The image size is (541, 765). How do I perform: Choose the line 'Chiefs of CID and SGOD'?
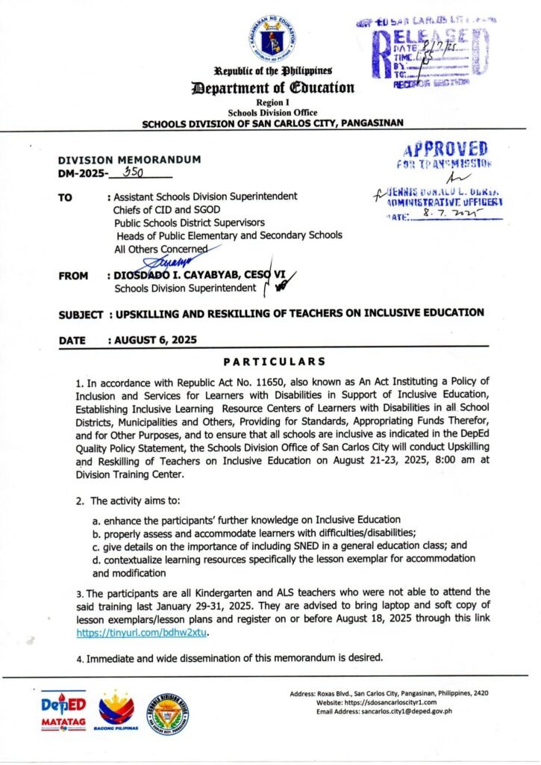[x=167, y=209]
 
